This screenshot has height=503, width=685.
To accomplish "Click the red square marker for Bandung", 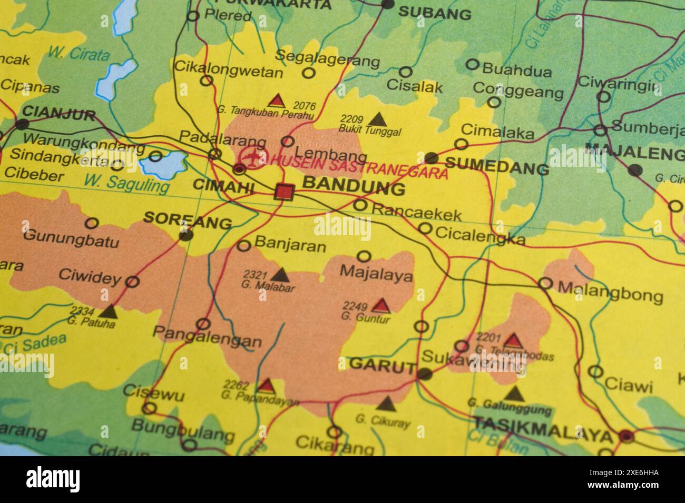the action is coord(284,192).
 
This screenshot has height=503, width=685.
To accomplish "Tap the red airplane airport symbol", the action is coord(254,157).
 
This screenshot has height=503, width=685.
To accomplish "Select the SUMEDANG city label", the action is coord(497,168).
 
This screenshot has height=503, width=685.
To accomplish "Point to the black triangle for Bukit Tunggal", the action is coord(377,119).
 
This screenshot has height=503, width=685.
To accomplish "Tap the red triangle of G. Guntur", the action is coord(381,305).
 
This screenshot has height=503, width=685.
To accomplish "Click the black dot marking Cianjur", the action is coord(22,125).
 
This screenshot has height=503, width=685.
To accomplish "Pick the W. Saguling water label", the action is coord(126,183).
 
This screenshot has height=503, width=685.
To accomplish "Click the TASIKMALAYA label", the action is coord(543,435).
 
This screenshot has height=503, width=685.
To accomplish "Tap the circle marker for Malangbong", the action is coord(545,284).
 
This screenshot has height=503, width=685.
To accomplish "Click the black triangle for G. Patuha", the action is coord(109,311).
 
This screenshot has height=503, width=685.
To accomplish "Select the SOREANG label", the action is coord(188,220).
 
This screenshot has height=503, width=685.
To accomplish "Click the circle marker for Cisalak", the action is coord(405,72).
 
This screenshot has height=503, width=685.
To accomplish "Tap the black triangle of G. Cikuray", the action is coord(386,404).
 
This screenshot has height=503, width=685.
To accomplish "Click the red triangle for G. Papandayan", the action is coord(266,386).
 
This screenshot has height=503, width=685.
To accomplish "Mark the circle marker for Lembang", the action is coord(288,141).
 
